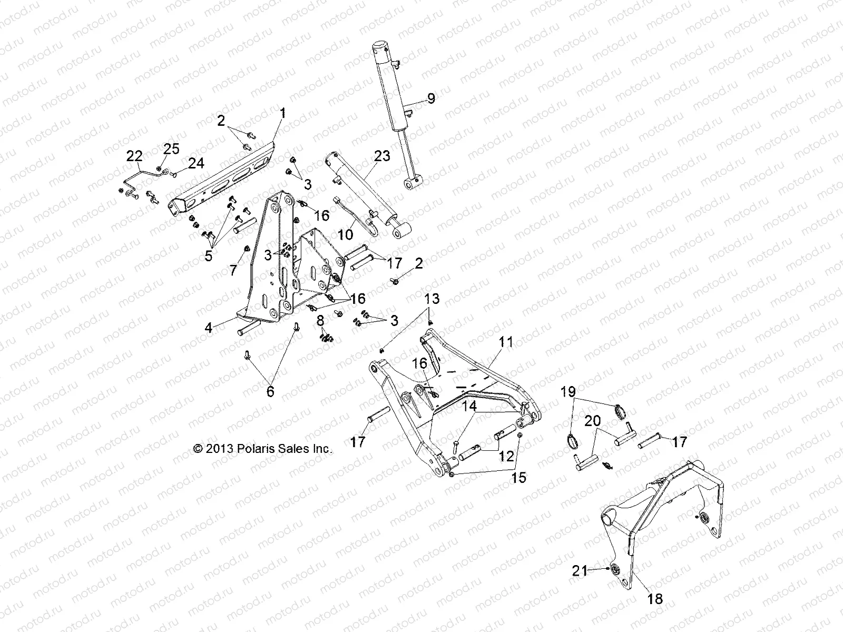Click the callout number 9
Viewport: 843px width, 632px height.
click(x=431, y=98)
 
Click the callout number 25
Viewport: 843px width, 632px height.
click(x=171, y=149)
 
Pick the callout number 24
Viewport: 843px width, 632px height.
click(x=196, y=164)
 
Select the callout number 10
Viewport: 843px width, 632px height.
click(x=346, y=234)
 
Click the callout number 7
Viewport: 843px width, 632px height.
click(x=233, y=270)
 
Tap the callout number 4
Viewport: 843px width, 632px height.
click(x=209, y=328)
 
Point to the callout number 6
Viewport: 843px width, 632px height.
click(x=270, y=391)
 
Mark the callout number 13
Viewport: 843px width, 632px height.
click(x=432, y=299)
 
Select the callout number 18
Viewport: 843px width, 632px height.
click(x=656, y=599)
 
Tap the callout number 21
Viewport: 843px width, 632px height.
click(x=580, y=570)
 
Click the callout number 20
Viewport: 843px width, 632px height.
click(x=593, y=420)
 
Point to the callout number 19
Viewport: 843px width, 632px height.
click(x=568, y=392)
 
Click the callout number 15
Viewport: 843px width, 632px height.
click(x=518, y=478)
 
